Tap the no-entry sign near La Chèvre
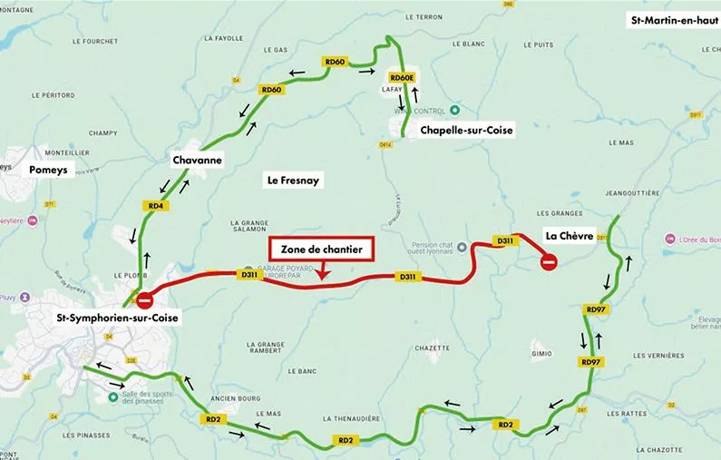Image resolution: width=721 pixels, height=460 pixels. coord(549,263)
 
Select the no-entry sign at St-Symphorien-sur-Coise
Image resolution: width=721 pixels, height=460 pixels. coord(144,300)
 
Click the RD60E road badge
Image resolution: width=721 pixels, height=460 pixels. coord(401,78)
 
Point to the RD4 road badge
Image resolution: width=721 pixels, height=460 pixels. coord(156,206)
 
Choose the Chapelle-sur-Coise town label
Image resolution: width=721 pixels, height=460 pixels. coord(466,131)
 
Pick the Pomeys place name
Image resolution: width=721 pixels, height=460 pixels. coord(48,170)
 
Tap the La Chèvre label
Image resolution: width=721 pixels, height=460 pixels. coord(569,236)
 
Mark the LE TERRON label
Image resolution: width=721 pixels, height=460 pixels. coord(424,17)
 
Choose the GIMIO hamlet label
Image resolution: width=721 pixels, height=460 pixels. coord(541,353)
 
